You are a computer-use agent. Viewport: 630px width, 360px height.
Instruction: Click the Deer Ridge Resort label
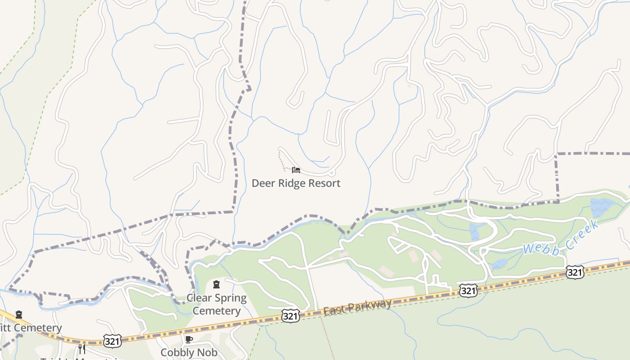pos(296,183)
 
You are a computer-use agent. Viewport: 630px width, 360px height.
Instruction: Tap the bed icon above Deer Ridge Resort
pos(296,170)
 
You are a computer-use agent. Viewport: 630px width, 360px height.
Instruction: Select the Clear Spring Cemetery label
pos(216,304)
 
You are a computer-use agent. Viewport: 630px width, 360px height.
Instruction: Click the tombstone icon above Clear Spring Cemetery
pos(216,284)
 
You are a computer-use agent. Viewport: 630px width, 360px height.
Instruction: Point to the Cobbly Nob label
pos(189,352)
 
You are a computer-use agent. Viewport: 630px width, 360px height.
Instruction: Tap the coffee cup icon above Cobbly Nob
pos(189,339)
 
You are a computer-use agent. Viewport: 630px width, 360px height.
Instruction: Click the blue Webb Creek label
pos(560,238)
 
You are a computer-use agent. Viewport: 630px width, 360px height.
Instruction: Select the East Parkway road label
pos(357,307)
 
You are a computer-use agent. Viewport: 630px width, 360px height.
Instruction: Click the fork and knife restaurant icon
pos(82,349)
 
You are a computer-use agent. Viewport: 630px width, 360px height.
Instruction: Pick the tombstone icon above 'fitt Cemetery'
pos(19,315)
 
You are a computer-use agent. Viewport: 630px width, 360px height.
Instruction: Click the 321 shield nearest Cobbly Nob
pos(112,342)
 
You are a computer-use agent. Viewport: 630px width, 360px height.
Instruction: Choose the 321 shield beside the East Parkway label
pos(291,316)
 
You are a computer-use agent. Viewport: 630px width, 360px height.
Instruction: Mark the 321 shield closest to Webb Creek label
pos(575,271)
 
